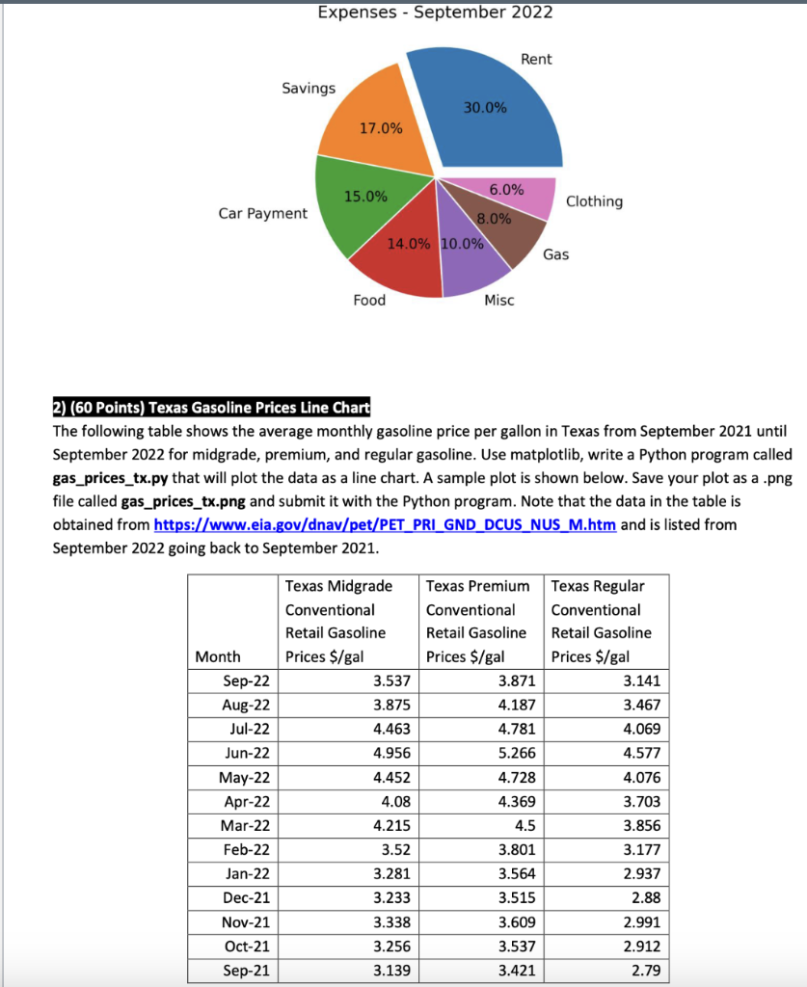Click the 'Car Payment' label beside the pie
click(x=263, y=213)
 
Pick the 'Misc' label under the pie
click(x=499, y=301)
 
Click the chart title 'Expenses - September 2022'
click(x=435, y=12)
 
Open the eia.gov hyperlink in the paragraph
click(x=385, y=525)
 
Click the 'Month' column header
click(x=218, y=656)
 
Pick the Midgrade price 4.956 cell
click(x=391, y=753)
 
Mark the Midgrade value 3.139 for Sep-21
click(x=391, y=971)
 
